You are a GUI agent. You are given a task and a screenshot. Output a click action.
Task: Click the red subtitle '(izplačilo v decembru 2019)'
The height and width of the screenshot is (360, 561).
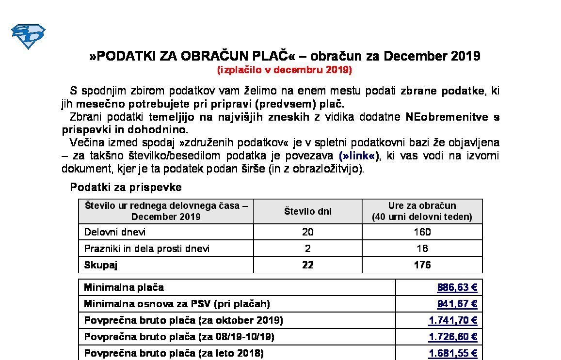click(285, 70)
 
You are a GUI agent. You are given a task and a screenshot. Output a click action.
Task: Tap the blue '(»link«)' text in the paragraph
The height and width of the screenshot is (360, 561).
click(360, 156)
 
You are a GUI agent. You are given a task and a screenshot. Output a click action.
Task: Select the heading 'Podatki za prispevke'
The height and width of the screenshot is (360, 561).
click(126, 187)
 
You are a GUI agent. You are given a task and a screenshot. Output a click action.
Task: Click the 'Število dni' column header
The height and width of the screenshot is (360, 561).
click(307, 211)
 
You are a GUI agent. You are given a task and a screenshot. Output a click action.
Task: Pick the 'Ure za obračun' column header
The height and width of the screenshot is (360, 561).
click(422, 211)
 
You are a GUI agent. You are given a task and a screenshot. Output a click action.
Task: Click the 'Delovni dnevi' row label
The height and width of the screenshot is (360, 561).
click(115, 232)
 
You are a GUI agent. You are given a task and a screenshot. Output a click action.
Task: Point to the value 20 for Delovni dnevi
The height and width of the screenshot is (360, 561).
click(307, 232)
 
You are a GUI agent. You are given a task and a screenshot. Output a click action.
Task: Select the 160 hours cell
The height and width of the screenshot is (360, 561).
click(422, 232)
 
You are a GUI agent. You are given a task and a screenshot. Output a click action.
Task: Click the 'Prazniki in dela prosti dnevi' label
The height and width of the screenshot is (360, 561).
click(147, 249)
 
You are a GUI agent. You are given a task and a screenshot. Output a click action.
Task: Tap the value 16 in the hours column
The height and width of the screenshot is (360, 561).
click(422, 249)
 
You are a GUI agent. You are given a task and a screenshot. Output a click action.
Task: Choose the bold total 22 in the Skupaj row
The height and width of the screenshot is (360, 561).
click(307, 265)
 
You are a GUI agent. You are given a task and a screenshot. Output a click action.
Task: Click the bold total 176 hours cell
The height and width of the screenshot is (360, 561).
click(422, 265)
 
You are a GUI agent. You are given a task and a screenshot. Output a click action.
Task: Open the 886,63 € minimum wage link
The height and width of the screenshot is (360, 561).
click(457, 288)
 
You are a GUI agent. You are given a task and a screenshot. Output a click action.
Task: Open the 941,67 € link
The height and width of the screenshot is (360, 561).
click(457, 304)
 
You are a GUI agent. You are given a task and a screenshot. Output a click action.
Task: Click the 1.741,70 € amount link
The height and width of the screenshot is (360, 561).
click(453, 321)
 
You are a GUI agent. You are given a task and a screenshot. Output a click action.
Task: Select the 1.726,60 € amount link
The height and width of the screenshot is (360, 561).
click(453, 337)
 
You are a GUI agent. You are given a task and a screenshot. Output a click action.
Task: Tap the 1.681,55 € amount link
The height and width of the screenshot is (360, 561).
click(453, 354)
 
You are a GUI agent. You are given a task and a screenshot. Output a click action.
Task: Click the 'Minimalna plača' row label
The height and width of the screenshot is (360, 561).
click(124, 288)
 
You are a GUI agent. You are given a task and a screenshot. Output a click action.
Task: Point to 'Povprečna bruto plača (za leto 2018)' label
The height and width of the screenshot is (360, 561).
click(174, 354)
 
